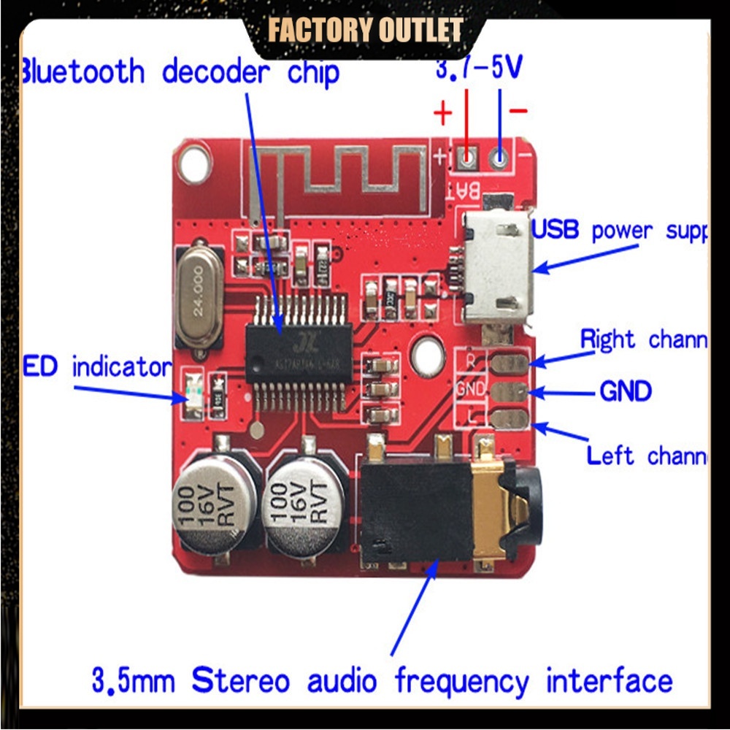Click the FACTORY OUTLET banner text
pos(365,31)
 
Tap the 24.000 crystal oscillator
pos(198,296)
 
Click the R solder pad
pos(510,361)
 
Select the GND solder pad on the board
pos(510,391)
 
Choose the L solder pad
pos(510,419)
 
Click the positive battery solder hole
pos(467,156)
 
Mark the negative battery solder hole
pos(500,156)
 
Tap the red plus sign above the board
pos(443,113)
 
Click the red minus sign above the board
pos(519,111)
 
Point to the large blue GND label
pos(626,391)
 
